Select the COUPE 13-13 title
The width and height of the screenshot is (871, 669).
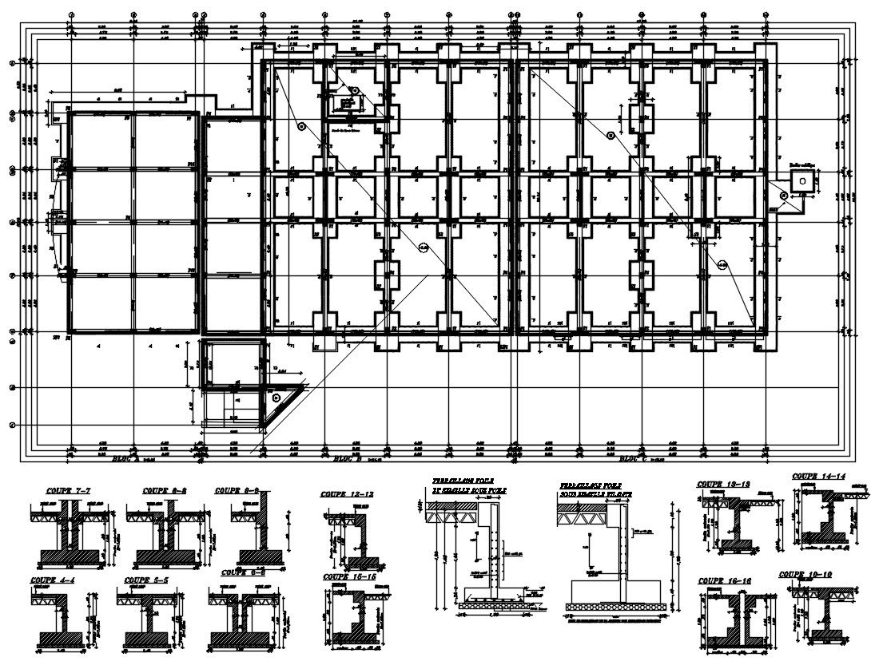pyautogui.click(x=722, y=484)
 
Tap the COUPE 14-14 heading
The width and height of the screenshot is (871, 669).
pyautogui.click(x=818, y=477)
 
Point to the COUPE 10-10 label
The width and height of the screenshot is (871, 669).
pyautogui.click(x=805, y=574)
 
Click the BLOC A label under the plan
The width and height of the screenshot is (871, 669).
pyautogui.click(x=125, y=459)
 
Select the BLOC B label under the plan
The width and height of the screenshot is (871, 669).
pyautogui.click(x=348, y=459)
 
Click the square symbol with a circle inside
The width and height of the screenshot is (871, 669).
pyautogui.click(x=801, y=180)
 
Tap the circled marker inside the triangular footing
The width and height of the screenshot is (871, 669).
pyautogui.click(x=276, y=397)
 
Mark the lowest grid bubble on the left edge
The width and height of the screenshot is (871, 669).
pyautogui.click(x=11, y=425)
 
